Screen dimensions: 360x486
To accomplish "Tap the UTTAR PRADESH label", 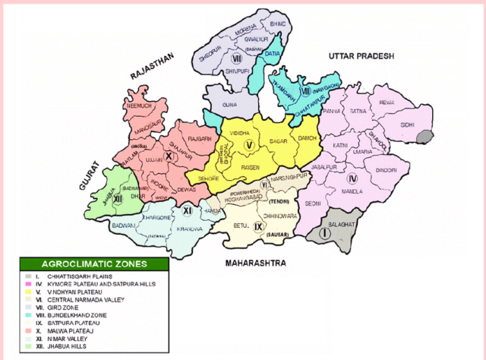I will (361, 56).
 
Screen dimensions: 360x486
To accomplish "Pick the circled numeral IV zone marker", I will (352, 178).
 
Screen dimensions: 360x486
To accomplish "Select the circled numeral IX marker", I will (259, 226).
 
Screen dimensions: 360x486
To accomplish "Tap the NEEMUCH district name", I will (144, 108).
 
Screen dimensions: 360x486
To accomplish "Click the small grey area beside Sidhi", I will (424, 137).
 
